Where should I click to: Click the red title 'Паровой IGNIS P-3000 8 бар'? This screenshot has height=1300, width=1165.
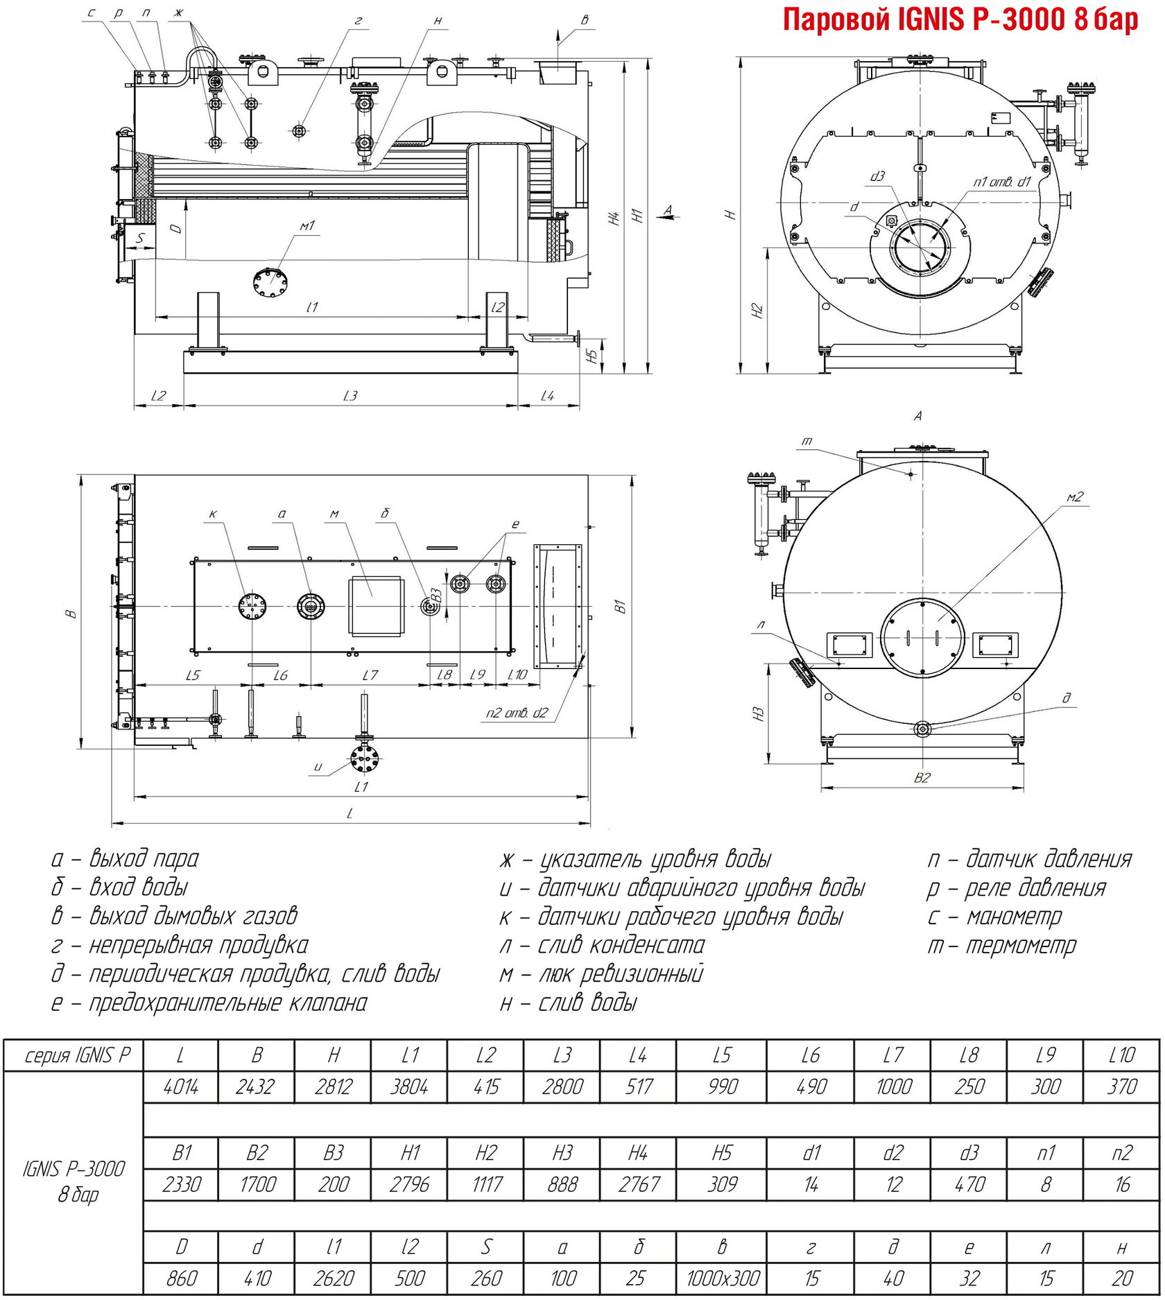[960, 19]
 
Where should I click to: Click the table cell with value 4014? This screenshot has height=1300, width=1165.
[180, 1086]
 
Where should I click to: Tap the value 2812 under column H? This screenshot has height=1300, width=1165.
[333, 1086]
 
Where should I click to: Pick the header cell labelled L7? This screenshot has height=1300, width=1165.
[893, 1055]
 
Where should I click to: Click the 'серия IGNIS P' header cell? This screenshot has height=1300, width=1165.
[76, 1055]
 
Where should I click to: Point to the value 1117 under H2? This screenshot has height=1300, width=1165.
[486, 1184]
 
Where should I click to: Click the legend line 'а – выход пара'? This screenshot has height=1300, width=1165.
[125, 859]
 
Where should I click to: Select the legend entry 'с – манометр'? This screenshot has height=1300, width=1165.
[994, 917]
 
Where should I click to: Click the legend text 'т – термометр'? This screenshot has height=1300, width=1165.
[1003, 945]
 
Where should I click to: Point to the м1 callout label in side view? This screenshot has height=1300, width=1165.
[307, 226]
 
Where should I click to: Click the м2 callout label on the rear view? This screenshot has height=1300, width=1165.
[1075, 496]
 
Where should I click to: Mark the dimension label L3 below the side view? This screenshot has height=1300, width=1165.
[350, 396]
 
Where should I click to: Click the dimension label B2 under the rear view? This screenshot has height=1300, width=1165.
[922, 778]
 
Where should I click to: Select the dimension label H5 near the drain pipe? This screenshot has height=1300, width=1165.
[592, 356]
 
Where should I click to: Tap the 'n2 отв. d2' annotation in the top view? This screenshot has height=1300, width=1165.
[517, 713]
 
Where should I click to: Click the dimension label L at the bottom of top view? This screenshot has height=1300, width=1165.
[350, 813]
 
